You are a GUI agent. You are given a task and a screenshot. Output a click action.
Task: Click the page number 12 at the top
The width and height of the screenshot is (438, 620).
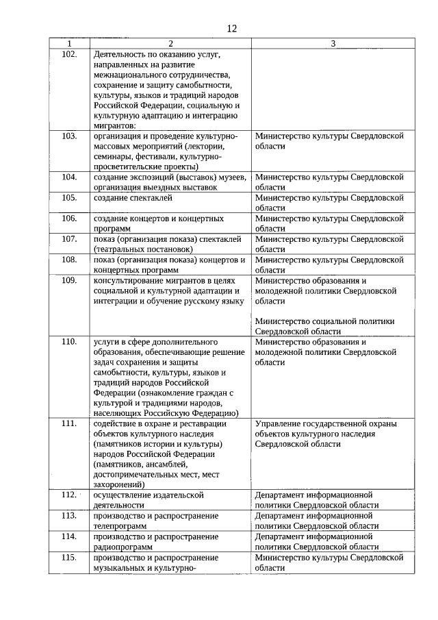(x=231, y=28)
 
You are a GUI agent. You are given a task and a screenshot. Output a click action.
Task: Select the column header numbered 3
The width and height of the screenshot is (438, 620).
(x=333, y=44)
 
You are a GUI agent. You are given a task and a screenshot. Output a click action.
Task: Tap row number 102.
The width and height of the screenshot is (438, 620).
(x=68, y=53)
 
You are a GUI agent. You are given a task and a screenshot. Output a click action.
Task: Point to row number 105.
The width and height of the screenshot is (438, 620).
(x=68, y=198)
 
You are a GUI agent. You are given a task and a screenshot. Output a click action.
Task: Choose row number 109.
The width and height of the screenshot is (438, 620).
(x=68, y=280)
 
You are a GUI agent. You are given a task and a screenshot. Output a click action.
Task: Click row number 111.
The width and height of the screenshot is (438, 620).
(x=68, y=423)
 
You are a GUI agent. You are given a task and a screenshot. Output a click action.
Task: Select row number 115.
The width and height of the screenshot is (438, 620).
(x=68, y=557)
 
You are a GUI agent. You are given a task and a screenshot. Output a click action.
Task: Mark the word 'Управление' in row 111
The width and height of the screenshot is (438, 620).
(x=278, y=423)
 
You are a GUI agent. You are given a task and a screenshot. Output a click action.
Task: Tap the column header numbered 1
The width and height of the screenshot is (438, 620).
(x=68, y=44)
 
